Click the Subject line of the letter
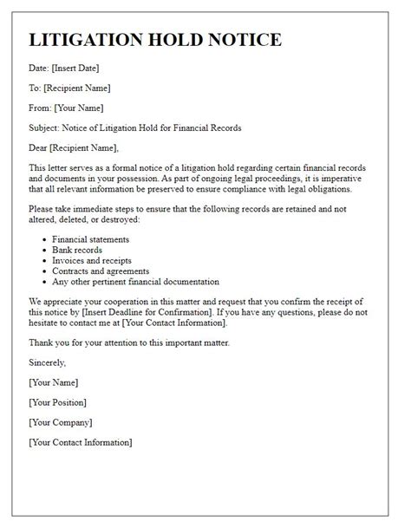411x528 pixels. pyautogui.click(x=134, y=127)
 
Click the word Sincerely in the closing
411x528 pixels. pyautogui.click(x=49, y=362)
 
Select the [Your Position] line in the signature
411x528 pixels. pyautogui.click(x=61, y=402)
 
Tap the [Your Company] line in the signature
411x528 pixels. pyautogui.click(x=61, y=422)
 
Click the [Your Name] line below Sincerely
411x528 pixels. pyautogui.click(x=54, y=382)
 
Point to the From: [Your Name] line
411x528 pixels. pyautogui.click(x=66, y=108)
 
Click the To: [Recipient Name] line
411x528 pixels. pyautogui.click(x=69, y=88)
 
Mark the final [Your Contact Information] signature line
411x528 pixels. pyautogui.click(x=81, y=442)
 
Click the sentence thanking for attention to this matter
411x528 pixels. pyautogui.click(x=141, y=342)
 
